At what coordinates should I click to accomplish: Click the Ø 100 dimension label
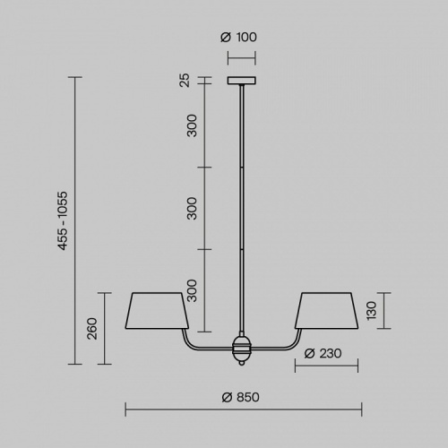[238, 38]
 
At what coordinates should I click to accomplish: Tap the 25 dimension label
[185, 80]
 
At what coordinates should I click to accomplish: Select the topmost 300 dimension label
[192, 125]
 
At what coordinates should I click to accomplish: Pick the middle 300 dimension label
[192, 208]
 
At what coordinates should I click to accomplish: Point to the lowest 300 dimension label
[192, 290]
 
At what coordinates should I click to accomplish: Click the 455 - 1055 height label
[63, 220]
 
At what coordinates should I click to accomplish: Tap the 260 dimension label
[92, 329]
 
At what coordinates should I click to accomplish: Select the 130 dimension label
[371, 311]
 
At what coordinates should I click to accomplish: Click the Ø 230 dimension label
[323, 354]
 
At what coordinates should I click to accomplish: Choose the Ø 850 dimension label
[241, 398]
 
